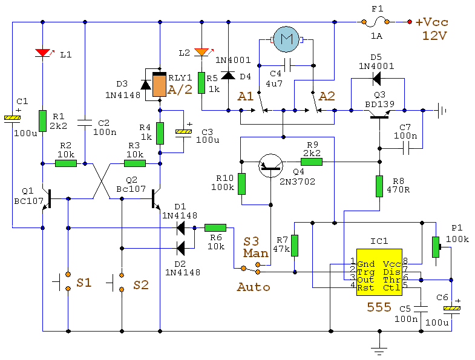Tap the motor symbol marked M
[x=287, y=40]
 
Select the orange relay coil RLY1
[x=159, y=85]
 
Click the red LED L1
[x=43, y=53]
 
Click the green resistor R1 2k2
[x=43, y=120]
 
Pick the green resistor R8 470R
[x=379, y=185]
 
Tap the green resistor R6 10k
[x=215, y=228]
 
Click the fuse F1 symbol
[x=379, y=22]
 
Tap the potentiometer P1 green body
[x=434, y=246]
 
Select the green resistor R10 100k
[x=241, y=183]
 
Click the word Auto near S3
[x=253, y=287]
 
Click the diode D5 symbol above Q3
[x=376, y=77]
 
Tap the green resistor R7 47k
[x=295, y=245]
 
